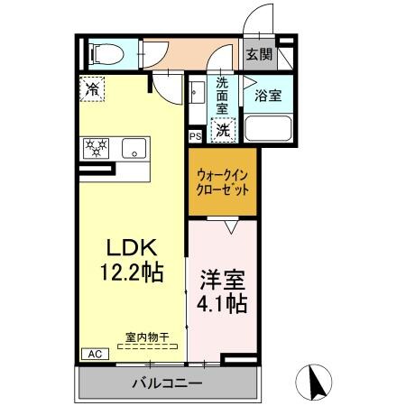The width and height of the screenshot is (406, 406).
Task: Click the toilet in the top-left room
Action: click(102, 54)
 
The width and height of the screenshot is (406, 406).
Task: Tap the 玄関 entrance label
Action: click(259, 54)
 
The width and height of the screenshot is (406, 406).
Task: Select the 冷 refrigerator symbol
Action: click(92, 88)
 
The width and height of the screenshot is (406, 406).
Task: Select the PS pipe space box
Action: click(195, 136)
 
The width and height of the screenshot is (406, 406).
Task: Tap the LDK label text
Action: click(133, 247)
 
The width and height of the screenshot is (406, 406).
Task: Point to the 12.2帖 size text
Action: click(133, 272)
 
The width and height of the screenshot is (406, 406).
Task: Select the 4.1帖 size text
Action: click(223, 305)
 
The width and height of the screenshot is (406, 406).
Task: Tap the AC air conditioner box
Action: click(93, 354)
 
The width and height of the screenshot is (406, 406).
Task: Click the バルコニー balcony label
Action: click(167, 383)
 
